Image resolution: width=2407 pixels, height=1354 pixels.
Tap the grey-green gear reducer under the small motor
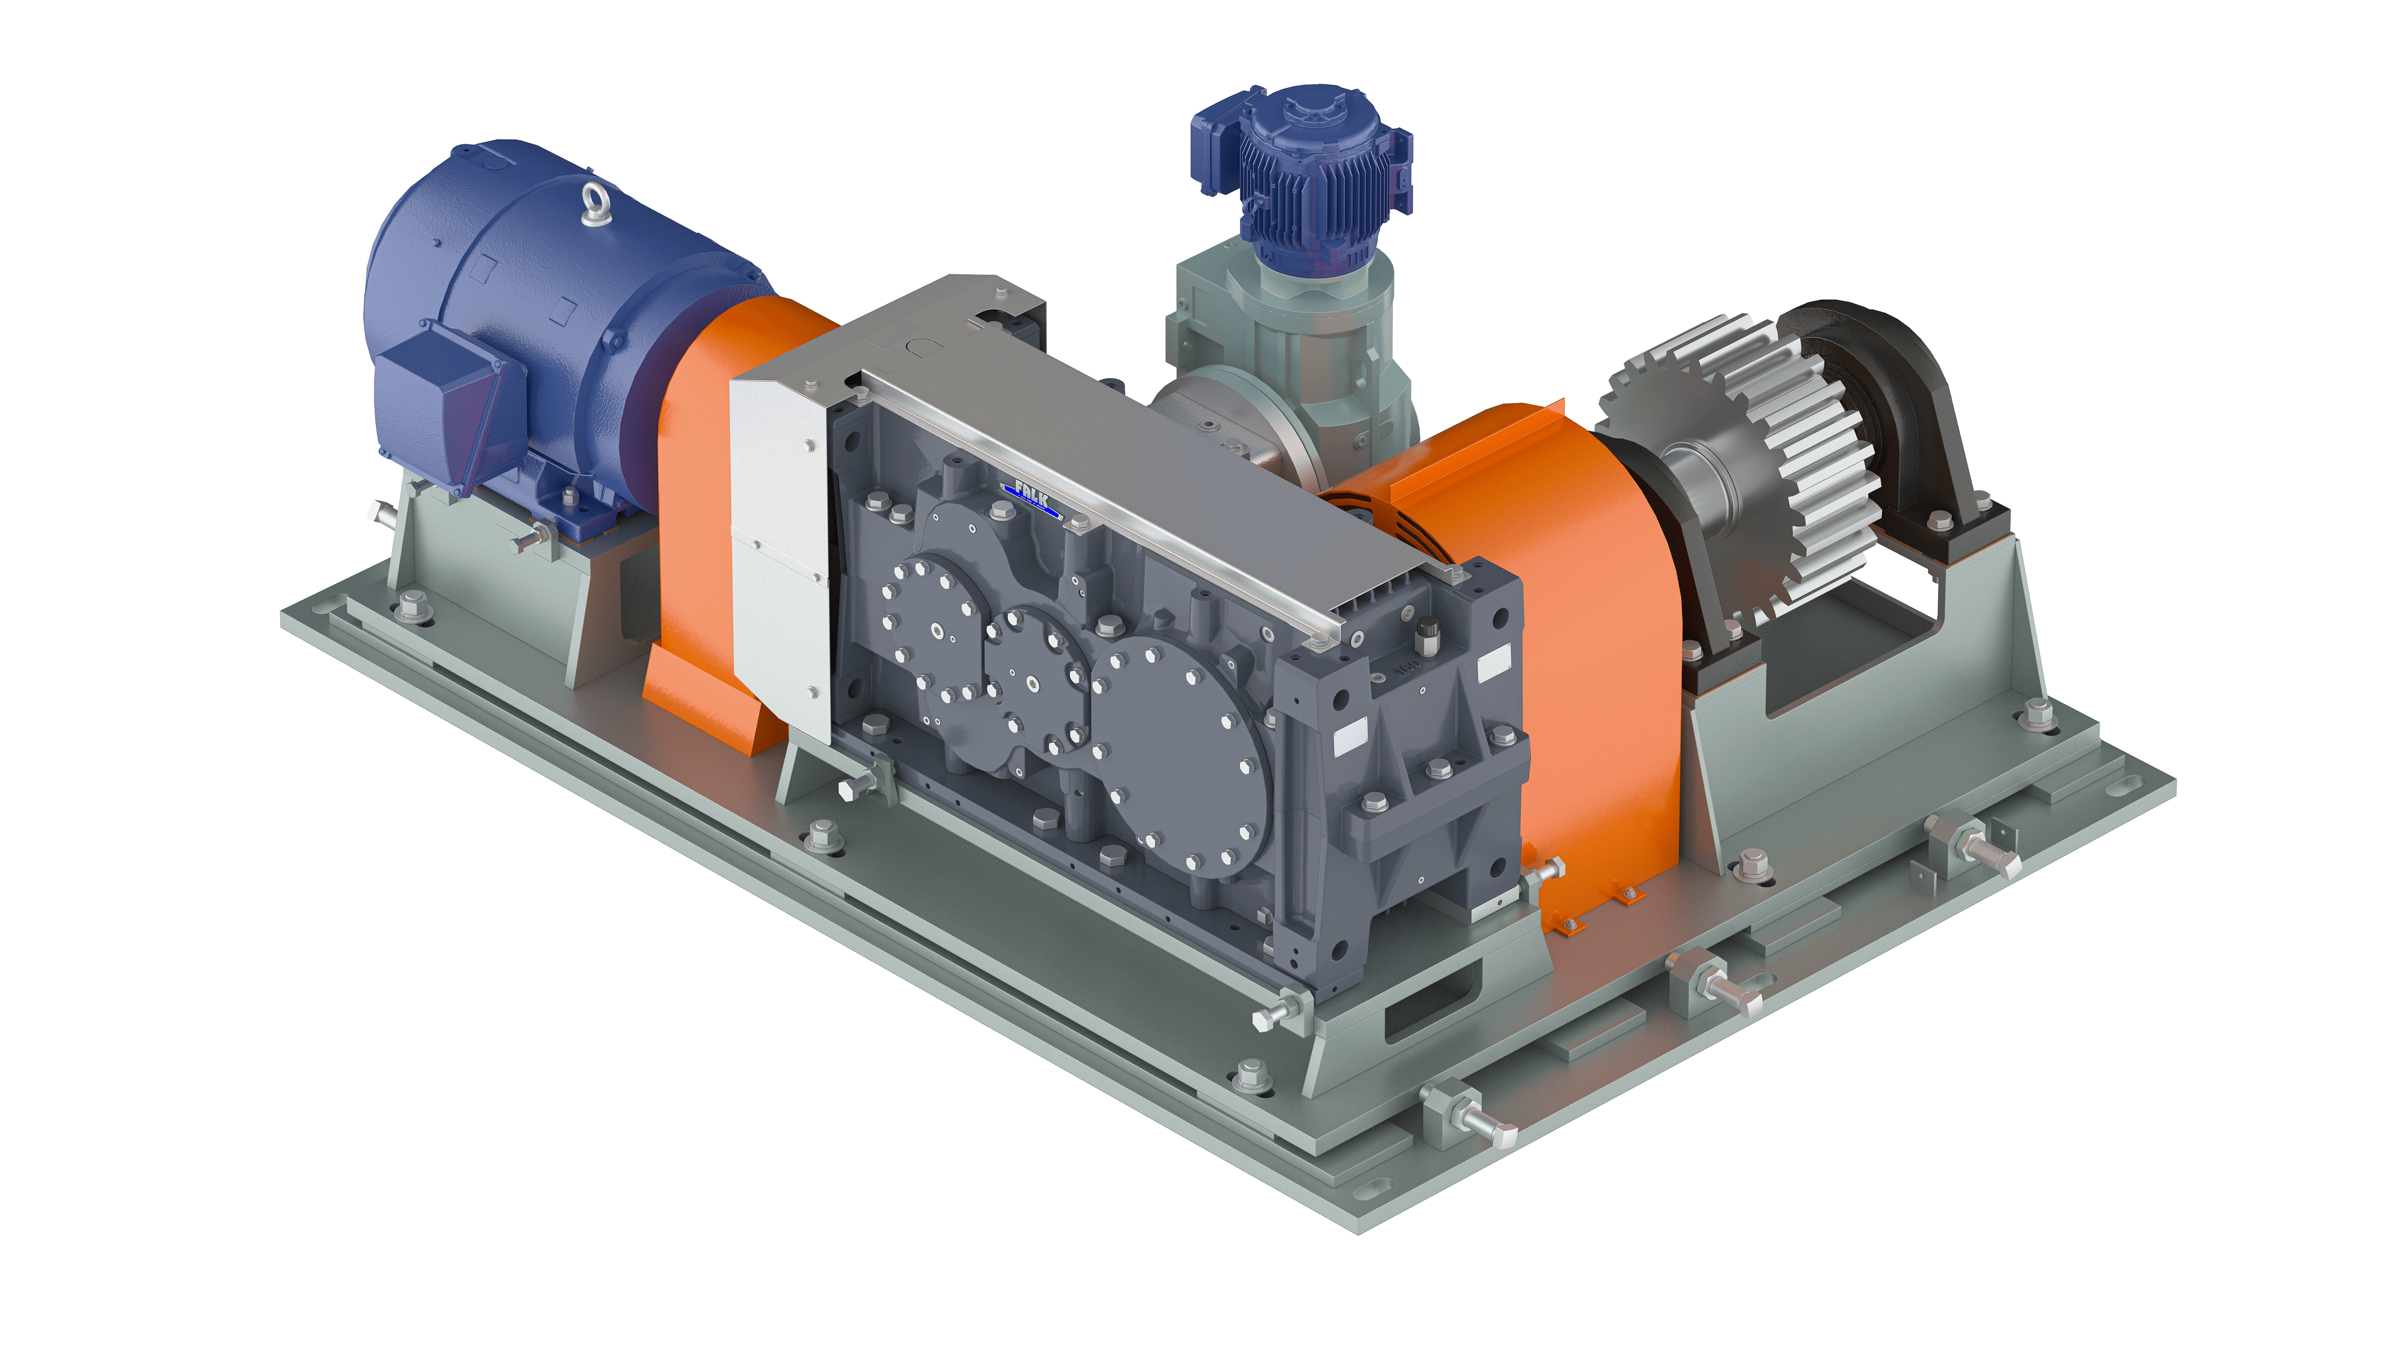1299,355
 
